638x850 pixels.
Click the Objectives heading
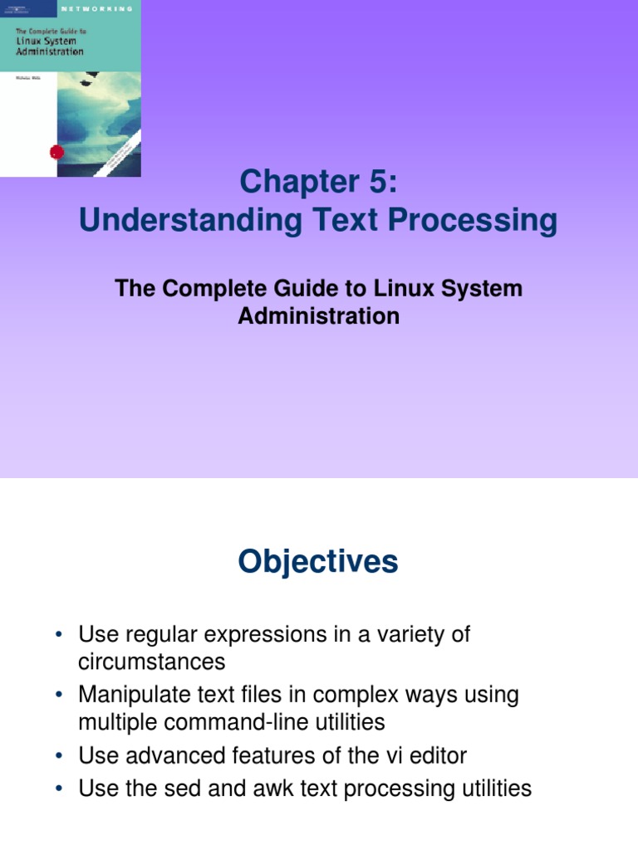point(318,562)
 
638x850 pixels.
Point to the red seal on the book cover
point(56,152)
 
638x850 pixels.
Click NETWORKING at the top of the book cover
point(97,7)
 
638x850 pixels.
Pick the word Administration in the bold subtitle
point(319,316)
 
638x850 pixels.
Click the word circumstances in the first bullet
point(151,662)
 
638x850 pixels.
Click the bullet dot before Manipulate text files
point(60,696)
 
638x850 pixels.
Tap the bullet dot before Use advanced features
point(60,756)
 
